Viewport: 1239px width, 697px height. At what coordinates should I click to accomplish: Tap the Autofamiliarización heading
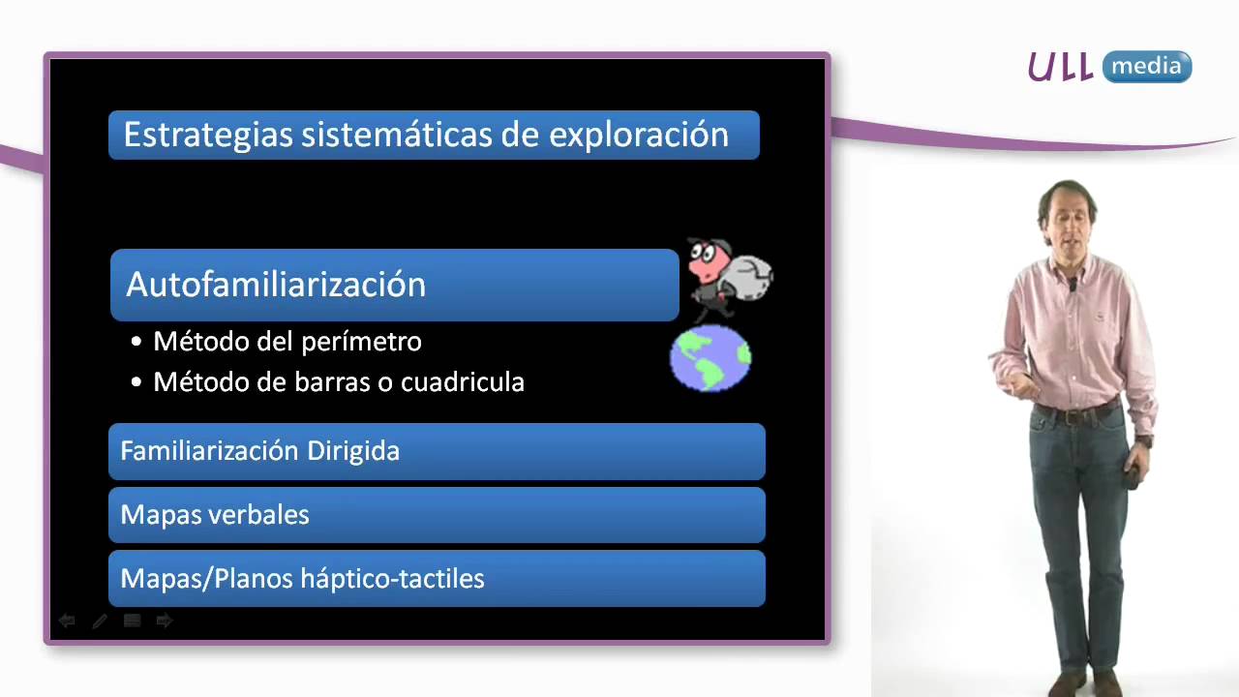(x=276, y=285)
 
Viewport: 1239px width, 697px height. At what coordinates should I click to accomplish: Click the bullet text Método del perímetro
(x=287, y=342)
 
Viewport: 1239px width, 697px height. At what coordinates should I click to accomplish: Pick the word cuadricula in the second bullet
(x=463, y=382)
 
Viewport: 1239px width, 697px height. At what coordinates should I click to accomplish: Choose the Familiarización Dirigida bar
(x=436, y=451)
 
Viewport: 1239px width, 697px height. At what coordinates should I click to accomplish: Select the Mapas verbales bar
(x=436, y=515)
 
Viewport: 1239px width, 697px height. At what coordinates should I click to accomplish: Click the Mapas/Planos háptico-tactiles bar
(x=436, y=579)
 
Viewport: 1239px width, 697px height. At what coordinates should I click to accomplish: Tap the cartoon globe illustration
(x=710, y=357)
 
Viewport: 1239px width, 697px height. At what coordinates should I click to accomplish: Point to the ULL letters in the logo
(x=1061, y=67)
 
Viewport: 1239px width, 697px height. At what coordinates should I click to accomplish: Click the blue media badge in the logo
(x=1147, y=67)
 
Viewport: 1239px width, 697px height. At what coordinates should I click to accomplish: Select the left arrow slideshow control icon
(x=67, y=621)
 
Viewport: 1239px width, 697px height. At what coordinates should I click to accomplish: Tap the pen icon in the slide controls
(x=100, y=621)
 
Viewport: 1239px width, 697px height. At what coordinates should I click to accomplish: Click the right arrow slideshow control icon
(x=165, y=621)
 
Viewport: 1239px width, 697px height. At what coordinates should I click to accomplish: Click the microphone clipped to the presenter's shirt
(x=1073, y=284)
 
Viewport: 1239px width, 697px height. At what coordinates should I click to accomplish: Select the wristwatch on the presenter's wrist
(x=1145, y=441)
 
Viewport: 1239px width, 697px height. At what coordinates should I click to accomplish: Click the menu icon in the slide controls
(x=133, y=621)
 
